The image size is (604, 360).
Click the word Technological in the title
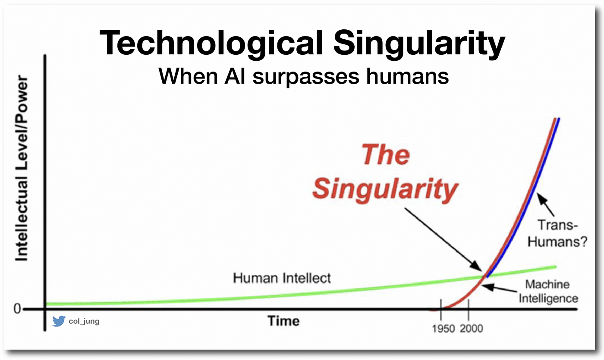pyautogui.click(x=211, y=44)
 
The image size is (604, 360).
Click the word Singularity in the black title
pyautogui.click(x=419, y=44)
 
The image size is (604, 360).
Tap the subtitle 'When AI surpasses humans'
pyautogui.click(x=304, y=77)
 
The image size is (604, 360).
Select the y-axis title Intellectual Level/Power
pyautogui.click(x=22, y=168)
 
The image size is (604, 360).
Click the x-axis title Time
pyautogui.click(x=283, y=321)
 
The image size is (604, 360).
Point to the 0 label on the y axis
pyautogui.click(x=17, y=309)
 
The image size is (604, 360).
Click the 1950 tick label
pyautogui.click(x=444, y=329)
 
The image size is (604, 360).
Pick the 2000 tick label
pyautogui.click(x=471, y=329)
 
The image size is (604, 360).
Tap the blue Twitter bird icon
pyautogui.click(x=59, y=321)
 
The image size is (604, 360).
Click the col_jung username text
pyautogui.click(x=84, y=321)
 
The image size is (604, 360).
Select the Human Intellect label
pyautogui.click(x=282, y=278)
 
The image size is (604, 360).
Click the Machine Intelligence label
pyautogui.click(x=548, y=291)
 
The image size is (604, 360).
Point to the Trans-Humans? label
pyautogui.click(x=557, y=233)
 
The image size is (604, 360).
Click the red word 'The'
pyautogui.click(x=386, y=154)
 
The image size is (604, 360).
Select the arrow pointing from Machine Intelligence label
pyautogui.click(x=499, y=288)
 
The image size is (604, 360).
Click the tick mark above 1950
pyautogui.click(x=441, y=310)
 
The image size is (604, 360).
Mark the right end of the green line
pyautogui.click(x=556, y=267)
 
